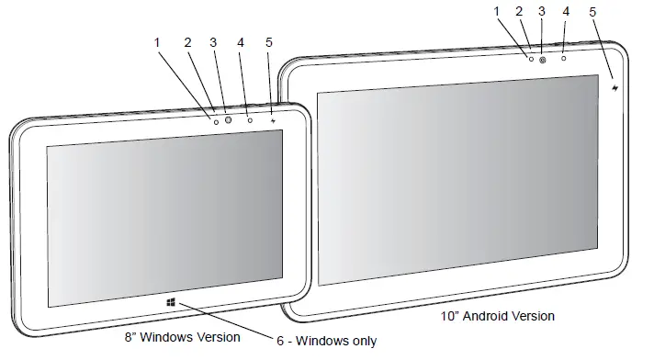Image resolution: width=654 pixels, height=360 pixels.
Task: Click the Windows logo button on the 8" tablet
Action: [170, 301]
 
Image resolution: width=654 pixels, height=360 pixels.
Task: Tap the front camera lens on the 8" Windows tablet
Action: [228, 119]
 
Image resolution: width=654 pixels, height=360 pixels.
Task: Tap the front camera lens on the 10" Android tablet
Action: [543, 60]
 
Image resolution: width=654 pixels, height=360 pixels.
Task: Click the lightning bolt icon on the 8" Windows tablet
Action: [273, 118]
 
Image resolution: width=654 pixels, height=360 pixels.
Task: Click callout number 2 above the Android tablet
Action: [518, 13]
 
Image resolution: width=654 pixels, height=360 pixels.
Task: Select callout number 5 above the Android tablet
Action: [592, 13]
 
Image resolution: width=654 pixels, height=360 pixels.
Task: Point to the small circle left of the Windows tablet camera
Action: [214, 120]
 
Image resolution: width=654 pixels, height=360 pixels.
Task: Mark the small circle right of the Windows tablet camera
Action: [251, 119]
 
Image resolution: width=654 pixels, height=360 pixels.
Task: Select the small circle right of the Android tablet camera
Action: [563, 58]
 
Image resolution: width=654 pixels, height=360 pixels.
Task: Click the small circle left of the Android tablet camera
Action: [530, 60]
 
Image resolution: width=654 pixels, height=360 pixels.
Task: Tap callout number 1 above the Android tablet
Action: [497, 13]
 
